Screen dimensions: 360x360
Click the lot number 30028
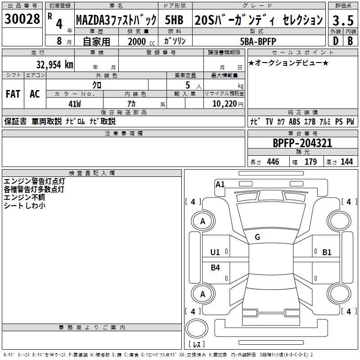click(22, 19)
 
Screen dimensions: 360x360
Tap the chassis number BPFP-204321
click(302, 143)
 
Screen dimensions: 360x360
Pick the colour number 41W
click(75, 103)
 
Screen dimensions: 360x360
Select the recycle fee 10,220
click(224, 103)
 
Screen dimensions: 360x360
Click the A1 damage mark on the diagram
click(220, 184)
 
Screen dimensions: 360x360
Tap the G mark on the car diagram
click(257, 237)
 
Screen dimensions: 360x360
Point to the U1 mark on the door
click(215, 252)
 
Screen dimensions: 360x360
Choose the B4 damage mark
click(216, 268)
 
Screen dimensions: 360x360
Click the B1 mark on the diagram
click(327, 252)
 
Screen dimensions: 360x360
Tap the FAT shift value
click(13, 94)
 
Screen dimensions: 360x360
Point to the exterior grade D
click(335, 41)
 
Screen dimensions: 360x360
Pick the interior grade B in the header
click(350, 41)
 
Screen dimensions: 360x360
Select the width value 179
click(311, 162)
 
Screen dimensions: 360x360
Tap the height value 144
click(347, 162)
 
